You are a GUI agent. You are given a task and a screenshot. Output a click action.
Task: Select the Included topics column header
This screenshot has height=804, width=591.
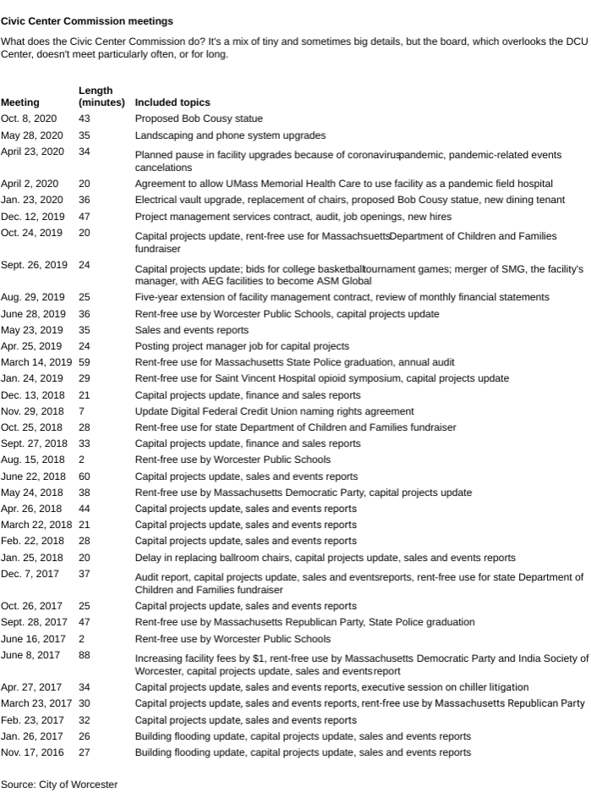pos(172,102)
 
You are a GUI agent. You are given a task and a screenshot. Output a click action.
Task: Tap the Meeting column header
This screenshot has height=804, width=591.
pos(19,102)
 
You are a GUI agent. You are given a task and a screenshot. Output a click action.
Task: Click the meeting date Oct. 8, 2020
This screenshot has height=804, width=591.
pos(29,118)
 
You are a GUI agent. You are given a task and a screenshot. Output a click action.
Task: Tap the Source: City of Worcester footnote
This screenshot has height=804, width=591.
pos(59,785)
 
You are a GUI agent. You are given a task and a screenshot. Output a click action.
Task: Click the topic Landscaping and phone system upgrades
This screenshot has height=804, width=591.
pos(230,135)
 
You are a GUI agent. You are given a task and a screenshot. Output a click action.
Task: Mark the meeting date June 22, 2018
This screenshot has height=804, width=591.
pos(32,476)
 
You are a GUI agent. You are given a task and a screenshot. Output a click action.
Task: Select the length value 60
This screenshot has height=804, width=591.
pos(85,476)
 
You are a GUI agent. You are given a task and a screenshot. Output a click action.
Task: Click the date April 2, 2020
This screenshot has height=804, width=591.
pos(30,184)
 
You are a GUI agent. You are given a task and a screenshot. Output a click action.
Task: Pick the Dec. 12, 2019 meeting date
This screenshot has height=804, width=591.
pos(32,217)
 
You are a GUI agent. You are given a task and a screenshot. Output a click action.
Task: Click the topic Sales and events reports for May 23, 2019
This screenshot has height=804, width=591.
pos(192,330)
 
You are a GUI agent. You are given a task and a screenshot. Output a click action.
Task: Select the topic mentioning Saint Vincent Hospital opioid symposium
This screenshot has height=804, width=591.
pos(322,378)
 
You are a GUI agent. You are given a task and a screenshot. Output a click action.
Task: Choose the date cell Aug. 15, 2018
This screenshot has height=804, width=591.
pos(33,460)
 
